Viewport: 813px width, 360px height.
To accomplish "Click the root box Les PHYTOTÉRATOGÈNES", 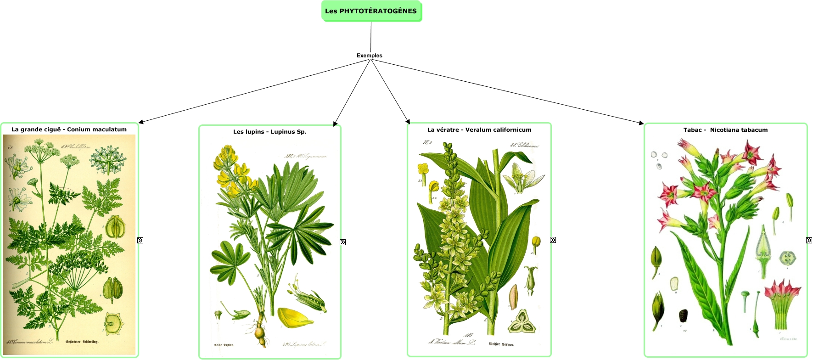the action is pos(371,11).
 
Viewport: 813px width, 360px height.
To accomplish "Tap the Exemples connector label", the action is pos(369,56).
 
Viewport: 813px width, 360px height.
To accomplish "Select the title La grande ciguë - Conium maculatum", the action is pos(69,129).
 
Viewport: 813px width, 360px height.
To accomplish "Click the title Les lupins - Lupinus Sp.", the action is pos(269,132).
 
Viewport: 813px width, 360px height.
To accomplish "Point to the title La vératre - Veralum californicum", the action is pos(479,130).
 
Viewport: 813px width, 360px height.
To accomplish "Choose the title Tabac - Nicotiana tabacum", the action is pos(725,130).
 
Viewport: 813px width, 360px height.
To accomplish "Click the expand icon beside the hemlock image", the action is pos(140,240).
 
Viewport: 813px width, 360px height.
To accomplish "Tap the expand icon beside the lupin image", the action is pos(342,242).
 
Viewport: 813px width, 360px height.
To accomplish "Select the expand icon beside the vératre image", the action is pos(553,240).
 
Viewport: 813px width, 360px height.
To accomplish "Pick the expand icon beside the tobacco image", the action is pos(809,240).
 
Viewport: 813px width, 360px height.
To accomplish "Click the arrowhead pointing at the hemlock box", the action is pos(141,122).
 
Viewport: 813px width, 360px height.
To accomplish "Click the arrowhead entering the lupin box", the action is pos(335,124).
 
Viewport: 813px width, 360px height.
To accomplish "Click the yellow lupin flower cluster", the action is pos(232,172).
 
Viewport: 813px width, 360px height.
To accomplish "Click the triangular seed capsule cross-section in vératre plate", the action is pos(522,321).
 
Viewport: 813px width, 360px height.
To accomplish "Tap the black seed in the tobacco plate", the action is pos(683,316).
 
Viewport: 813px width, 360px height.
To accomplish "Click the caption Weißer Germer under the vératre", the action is pos(501,344).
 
